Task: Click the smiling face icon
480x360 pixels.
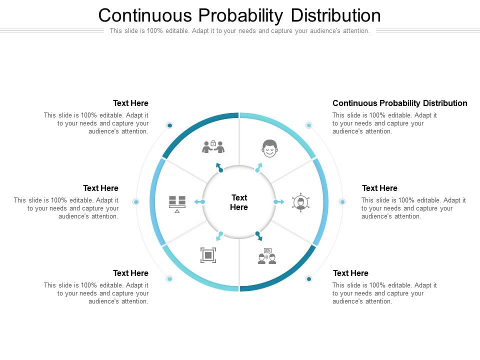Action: [x=269, y=148]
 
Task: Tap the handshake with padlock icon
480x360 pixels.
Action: [x=213, y=147]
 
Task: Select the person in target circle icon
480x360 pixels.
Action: [x=300, y=202]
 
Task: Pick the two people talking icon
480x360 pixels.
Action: [x=267, y=256]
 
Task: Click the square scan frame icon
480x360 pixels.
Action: [x=208, y=255]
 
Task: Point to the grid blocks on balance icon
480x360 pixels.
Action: [x=177, y=204]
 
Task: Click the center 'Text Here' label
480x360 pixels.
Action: [x=239, y=202]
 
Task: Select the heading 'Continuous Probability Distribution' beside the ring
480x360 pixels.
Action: [x=400, y=103]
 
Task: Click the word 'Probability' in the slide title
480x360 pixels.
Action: [x=240, y=15]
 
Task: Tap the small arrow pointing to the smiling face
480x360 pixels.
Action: [x=259, y=167]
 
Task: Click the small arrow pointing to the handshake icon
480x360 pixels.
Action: [x=219, y=167]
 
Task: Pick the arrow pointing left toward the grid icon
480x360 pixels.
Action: [x=199, y=201]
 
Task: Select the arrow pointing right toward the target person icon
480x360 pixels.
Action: [x=278, y=201]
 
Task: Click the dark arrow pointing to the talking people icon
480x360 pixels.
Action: [x=259, y=236]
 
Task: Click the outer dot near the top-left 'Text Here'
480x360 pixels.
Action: [x=169, y=125]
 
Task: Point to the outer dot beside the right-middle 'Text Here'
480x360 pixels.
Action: [x=342, y=201]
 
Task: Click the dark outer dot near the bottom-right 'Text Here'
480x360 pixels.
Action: [x=309, y=279]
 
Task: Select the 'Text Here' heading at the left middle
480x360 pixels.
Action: [x=100, y=188]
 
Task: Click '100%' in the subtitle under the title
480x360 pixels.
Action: [x=154, y=30]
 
